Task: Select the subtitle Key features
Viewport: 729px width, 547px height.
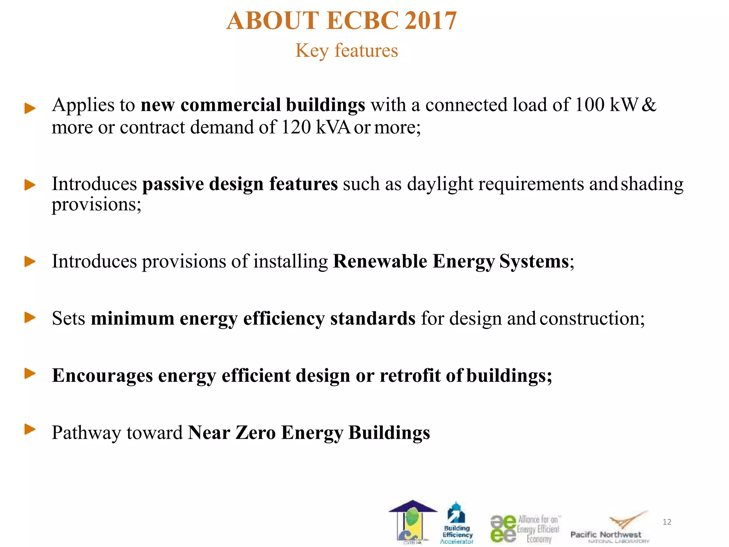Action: pyautogui.click(x=346, y=50)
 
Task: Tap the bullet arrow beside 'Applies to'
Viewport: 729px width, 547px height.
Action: pyautogui.click(x=30, y=108)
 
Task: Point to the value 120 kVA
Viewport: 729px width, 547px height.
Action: pyautogui.click(x=316, y=127)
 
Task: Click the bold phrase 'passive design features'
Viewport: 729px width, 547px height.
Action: pyautogui.click(x=240, y=184)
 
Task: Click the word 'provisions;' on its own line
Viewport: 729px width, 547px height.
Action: pyautogui.click(x=96, y=204)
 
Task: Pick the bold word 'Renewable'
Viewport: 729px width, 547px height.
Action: pyautogui.click(x=380, y=261)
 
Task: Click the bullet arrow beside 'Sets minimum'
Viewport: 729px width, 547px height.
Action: pyautogui.click(x=30, y=317)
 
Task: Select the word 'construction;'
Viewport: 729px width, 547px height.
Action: pyautogui.click(x=592, y=318)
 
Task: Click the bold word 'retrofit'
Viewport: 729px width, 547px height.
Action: pyautogui.click(x=410, y=375)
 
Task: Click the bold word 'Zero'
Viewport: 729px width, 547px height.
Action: pyautogui.click(x=256, y=433)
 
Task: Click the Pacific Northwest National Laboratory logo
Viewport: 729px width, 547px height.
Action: pyautogui.click(x=609, y=527)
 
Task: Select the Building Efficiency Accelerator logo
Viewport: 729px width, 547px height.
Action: pyautogui.click(x=457, y=523)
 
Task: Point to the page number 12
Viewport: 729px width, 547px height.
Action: pyautogui.click(x=667, y=522)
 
